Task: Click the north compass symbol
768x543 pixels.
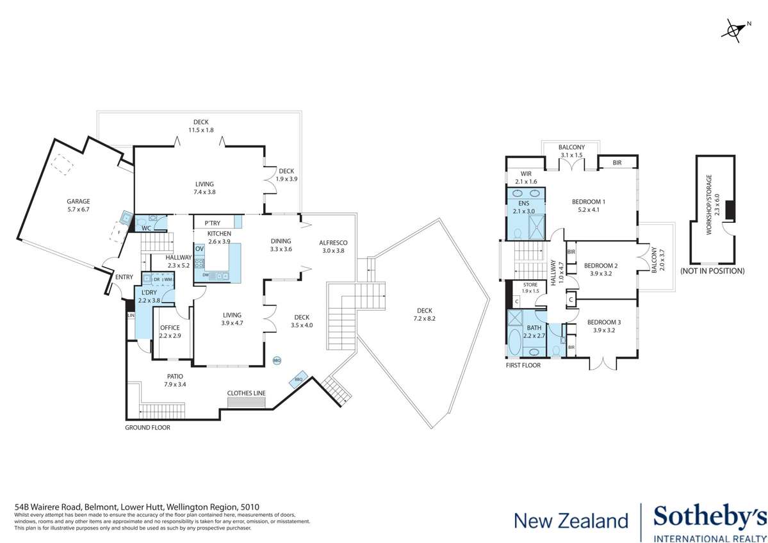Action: [737, 29]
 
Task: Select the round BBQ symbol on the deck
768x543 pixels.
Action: [277, 361]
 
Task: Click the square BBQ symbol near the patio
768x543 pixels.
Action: [298, 378]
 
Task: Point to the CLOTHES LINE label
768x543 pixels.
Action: [247, 393]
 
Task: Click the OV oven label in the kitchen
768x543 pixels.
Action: [199, 248]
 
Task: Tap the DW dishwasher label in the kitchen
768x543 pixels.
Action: [206, 275]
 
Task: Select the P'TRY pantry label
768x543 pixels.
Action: [213, 223]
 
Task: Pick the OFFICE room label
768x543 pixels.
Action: [170, 328]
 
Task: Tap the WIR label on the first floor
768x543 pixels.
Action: [527, 174]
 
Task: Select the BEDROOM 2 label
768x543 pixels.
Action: [601, 265]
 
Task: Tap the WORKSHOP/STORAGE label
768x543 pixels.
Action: [708, 211]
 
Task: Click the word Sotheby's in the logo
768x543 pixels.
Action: [709, 517]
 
